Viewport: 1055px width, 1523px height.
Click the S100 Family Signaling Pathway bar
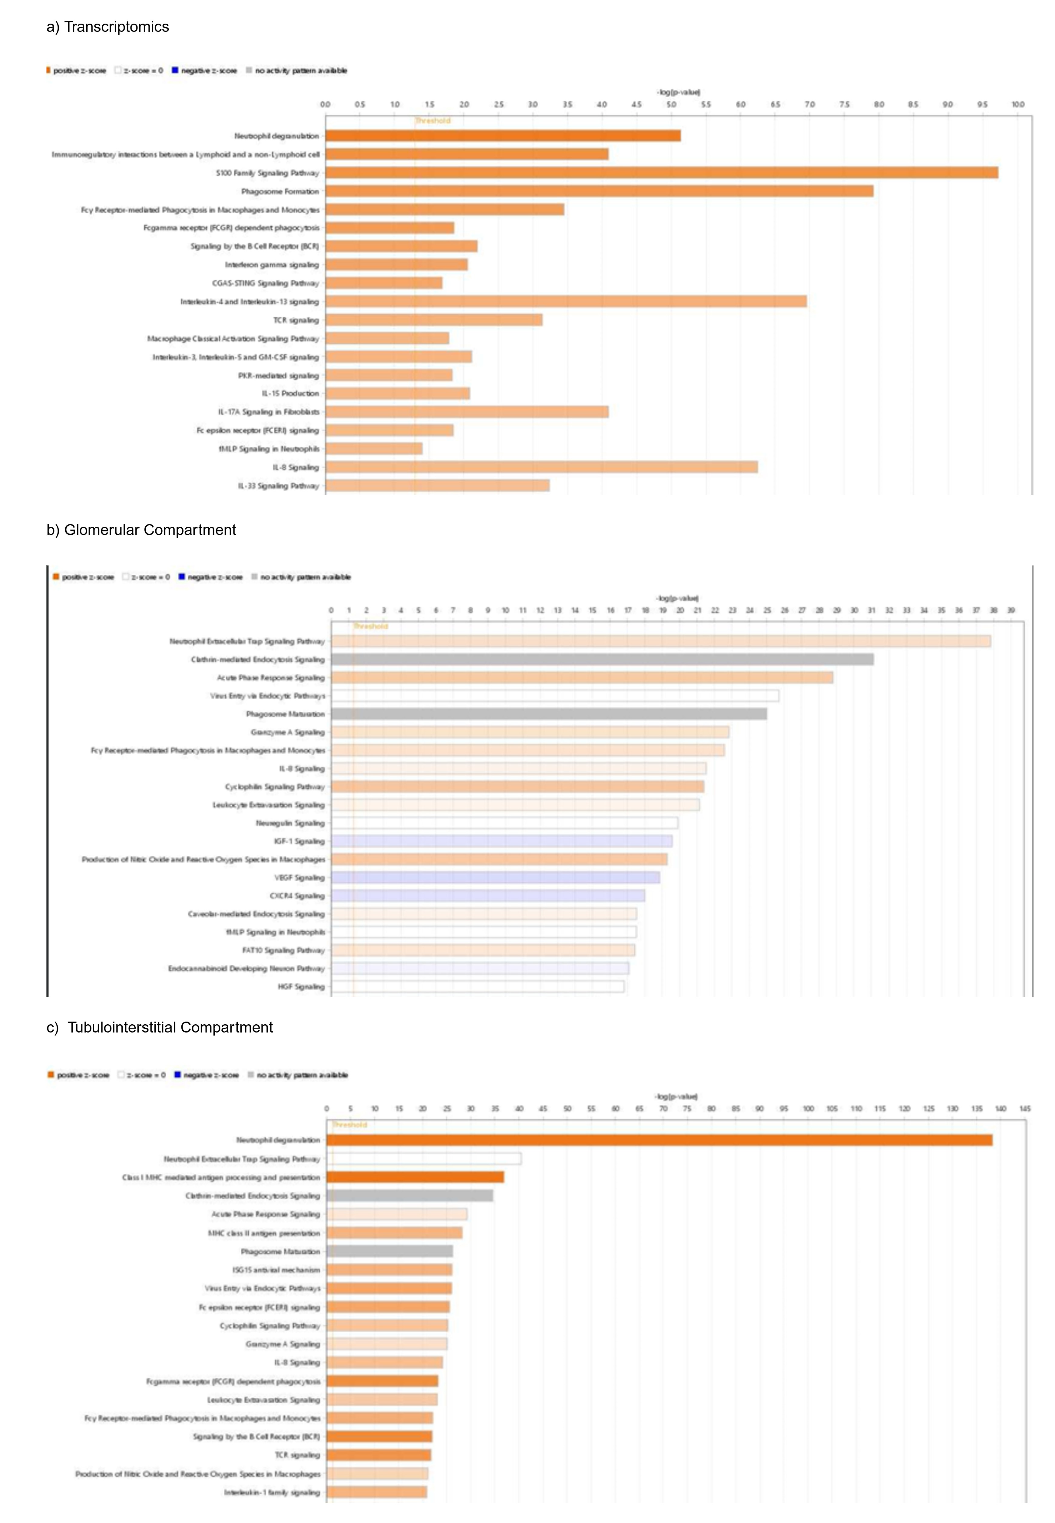point(661,173)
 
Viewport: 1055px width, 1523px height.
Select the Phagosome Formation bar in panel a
point(599,191)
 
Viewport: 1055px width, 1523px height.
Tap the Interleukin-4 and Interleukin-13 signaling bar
point(566,301)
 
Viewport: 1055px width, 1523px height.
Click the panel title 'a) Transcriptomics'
point(108,26)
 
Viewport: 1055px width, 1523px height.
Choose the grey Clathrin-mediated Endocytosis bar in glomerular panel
point(601,659)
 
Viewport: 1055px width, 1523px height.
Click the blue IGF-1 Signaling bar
point(501,841)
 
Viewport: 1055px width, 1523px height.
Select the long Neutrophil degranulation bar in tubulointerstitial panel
point(659,1140)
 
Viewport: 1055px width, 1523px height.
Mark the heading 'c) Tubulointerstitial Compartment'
point(159,1027)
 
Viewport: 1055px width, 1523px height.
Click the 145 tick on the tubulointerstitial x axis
point(1025,1108)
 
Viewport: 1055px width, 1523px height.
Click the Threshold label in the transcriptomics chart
point(432,120)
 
